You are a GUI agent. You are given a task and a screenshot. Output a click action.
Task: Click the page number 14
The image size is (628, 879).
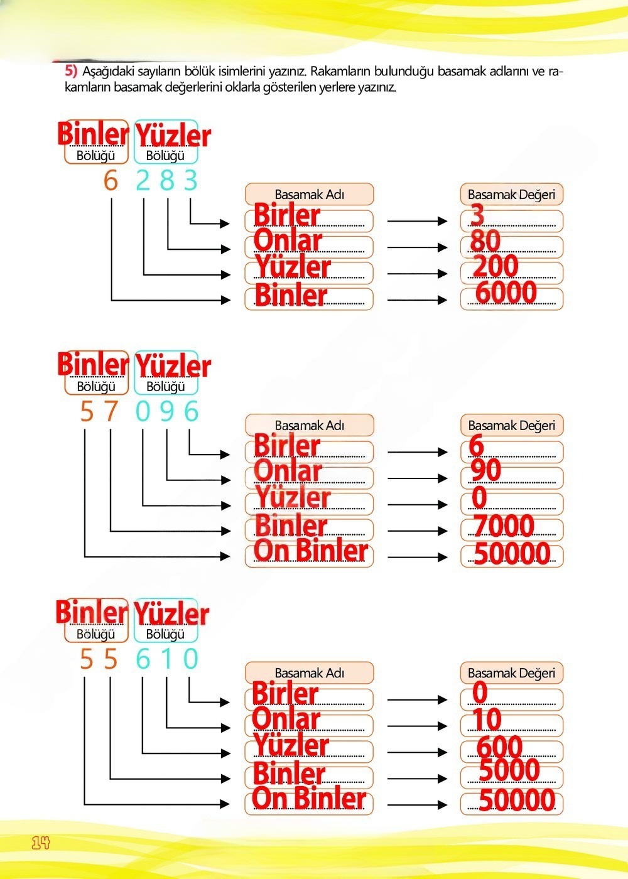[40, 843]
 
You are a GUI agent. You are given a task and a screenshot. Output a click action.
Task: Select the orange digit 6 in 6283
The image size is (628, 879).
[111, 181]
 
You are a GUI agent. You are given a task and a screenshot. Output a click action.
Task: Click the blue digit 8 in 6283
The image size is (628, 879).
[167, 181]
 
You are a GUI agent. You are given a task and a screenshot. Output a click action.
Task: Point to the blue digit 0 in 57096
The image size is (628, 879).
[143, 412]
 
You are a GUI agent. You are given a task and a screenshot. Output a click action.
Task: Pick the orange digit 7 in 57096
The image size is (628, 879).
[111, 412]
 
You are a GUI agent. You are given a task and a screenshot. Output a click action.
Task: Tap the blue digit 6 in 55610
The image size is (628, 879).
[143, 659]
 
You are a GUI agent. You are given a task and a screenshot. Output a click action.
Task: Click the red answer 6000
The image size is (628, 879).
[506, 293]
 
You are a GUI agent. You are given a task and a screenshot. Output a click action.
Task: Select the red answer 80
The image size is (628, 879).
[485, 241]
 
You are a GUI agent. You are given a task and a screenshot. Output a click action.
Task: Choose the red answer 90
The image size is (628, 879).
[486, 470]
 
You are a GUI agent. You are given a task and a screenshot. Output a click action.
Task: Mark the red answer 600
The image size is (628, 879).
[499, 747]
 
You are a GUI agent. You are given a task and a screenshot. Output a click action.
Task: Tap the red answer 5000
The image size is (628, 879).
[509, 770]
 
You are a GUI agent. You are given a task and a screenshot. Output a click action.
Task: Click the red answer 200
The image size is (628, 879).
[495, 267]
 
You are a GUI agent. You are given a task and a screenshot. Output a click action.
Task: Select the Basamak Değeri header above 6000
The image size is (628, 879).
[511, 195]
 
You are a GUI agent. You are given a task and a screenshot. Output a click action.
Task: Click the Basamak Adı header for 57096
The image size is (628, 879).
[309, 426]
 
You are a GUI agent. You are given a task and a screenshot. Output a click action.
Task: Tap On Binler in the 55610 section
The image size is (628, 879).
[309, 799]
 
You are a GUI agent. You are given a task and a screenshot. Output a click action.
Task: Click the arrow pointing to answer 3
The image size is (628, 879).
[417, 221]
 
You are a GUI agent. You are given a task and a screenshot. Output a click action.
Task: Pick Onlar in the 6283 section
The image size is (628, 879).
[288, 241]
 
